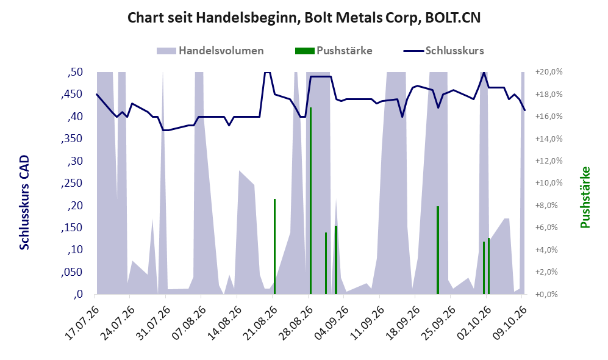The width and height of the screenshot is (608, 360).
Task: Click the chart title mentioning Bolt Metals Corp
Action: (x=304, y=18)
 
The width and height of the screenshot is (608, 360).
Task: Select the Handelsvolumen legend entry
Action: (x=210, y=51)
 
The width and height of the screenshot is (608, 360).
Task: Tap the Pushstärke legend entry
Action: (x=334, y=51)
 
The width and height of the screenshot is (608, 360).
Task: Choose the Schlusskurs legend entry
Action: (x=443, y=51)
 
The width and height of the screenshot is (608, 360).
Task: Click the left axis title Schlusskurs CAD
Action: (x=24, y=202)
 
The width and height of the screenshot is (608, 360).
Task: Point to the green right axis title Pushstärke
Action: (x=585, y=197)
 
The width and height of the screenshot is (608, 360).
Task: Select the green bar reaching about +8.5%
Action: (x=274, y=247)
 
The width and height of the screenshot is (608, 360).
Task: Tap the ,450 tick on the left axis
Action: (x=72, y=94)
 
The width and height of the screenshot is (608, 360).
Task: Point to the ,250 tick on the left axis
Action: (x=72, y=183)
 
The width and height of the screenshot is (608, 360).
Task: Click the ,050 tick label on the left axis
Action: (x=72, y=272)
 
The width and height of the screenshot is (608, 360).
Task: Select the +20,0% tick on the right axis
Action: (x=549, y=72)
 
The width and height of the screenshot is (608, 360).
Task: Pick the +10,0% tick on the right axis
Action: (x=549, y=183)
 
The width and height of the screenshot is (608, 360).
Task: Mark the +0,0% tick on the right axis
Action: (x=549, y=295)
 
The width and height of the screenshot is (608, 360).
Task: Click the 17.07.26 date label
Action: (x=82, y=323)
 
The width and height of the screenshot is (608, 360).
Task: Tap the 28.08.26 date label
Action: (x=296, y=323)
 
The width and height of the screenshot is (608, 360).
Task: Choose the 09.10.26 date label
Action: (x=509, y=323)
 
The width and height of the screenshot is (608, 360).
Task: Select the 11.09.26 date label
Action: (x=367, y=323)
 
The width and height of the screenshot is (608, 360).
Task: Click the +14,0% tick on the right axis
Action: (x=549, y=139)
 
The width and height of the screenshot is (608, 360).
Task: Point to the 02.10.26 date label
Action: (x=473, y=323)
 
